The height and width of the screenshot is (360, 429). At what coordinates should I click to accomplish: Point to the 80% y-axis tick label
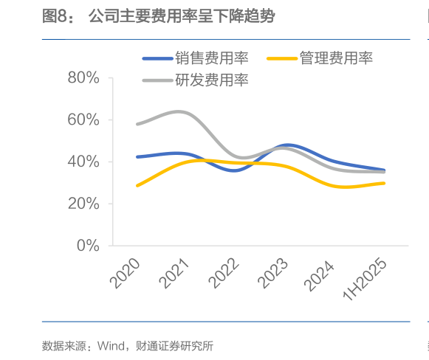pyautogui.click(x=83, y=77)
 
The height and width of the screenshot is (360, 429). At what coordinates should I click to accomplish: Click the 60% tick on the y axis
pyautogui.click(x=83, y=120)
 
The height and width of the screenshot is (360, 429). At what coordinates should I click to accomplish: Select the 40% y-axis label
pyautogui.click(x=83, y=162)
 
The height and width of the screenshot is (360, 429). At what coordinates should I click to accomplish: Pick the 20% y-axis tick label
pyautogui.click(x=83, y=204)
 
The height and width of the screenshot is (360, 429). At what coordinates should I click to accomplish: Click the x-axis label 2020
pyautogui.click(x=126, y=272)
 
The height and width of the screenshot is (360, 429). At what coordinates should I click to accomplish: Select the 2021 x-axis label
pyautogui.click(x=175, y=272)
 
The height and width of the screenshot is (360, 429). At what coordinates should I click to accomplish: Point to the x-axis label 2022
pyautogui.click(x=224, y=272)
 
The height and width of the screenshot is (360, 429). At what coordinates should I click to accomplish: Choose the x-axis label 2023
pyautogui.click(x=274, y=272)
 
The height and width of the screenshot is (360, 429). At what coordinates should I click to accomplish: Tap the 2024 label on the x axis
pyautogui.click(x=323, y=272)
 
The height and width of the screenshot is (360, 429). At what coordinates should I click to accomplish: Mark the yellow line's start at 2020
pyautogui.click(x=137, y=185)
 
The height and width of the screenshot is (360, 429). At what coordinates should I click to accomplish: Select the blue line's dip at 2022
pyautogui.click(x=235, y=170)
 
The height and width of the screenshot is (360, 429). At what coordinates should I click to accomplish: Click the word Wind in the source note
pyautogui.click(x=112, y=345)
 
